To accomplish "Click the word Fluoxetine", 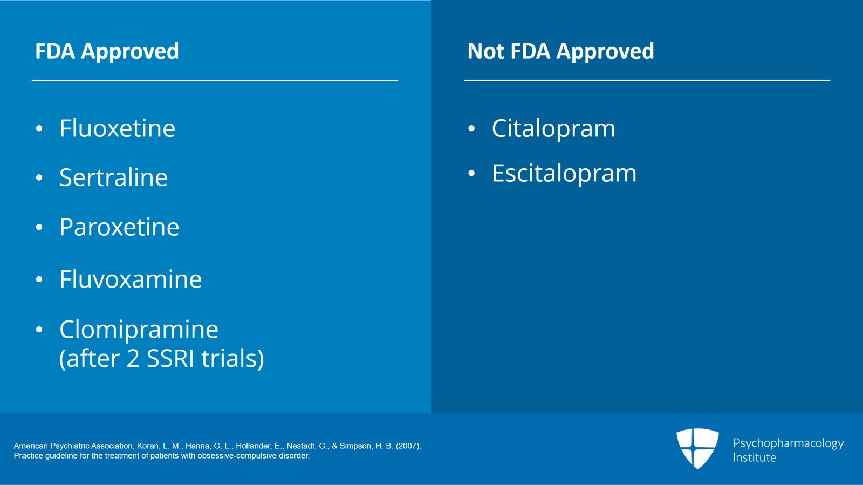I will point(117,128).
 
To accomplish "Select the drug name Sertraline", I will point(113,177).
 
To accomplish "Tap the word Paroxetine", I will point(119,227).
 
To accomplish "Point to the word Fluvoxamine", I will point(131,279).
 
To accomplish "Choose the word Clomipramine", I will point(139,330).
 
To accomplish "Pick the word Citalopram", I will point(553,129).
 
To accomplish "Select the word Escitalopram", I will point(564,173).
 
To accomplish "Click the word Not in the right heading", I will point(485,51).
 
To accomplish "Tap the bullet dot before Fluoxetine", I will point(39,129).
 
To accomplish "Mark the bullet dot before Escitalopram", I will point(471,174).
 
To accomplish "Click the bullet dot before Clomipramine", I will point(39,330).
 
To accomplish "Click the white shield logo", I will point(697,448).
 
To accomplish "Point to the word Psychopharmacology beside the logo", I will point(788,443).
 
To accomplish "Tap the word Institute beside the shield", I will point(754,457).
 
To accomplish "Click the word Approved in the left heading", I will point(130,52).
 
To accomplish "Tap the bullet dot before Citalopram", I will point(471,129).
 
